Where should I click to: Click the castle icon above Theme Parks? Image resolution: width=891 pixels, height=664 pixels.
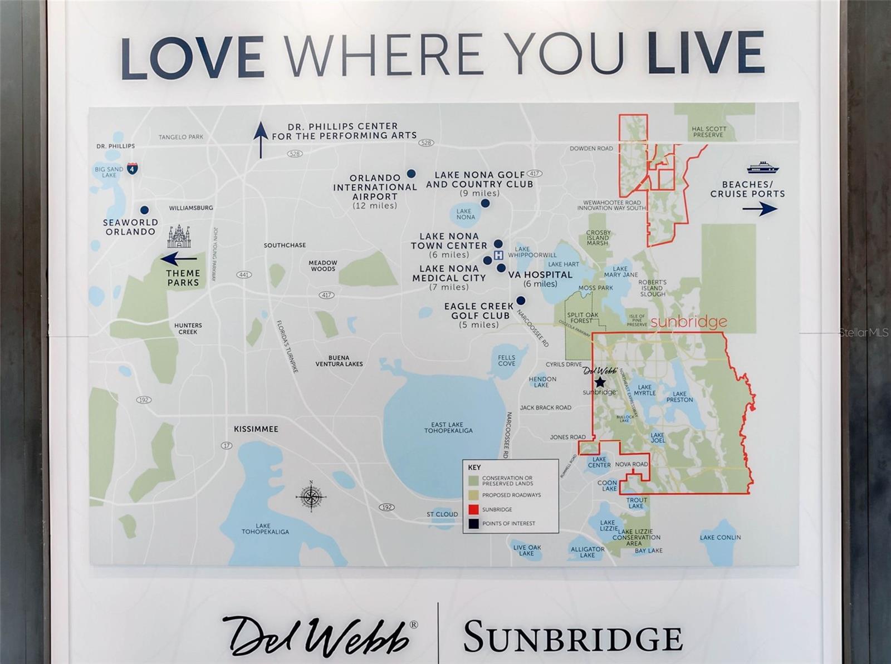179,237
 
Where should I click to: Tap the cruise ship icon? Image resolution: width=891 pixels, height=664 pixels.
762,168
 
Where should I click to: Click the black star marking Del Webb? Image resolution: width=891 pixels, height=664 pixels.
600,382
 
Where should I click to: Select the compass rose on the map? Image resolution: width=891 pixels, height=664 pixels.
311,495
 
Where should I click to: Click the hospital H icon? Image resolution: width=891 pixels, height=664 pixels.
498,255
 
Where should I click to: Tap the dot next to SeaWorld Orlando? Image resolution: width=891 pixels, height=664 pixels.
144,210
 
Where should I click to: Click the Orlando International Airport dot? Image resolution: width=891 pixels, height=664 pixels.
411,174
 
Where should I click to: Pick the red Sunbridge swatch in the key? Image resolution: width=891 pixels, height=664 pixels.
473,509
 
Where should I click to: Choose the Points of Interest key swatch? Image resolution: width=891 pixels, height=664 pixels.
473,524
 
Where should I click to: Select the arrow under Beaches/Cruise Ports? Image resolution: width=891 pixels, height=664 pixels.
760,209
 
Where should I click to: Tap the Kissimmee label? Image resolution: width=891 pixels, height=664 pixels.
256,429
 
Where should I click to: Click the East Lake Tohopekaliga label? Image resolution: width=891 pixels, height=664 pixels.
448,427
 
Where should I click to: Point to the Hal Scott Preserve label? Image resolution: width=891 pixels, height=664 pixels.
708,132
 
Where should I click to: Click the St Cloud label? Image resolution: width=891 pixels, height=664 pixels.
442,514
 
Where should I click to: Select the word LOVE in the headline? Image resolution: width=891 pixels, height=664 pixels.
192,56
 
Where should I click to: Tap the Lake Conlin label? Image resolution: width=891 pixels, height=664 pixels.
720,537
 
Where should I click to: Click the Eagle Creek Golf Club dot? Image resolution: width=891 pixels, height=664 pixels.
521,301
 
